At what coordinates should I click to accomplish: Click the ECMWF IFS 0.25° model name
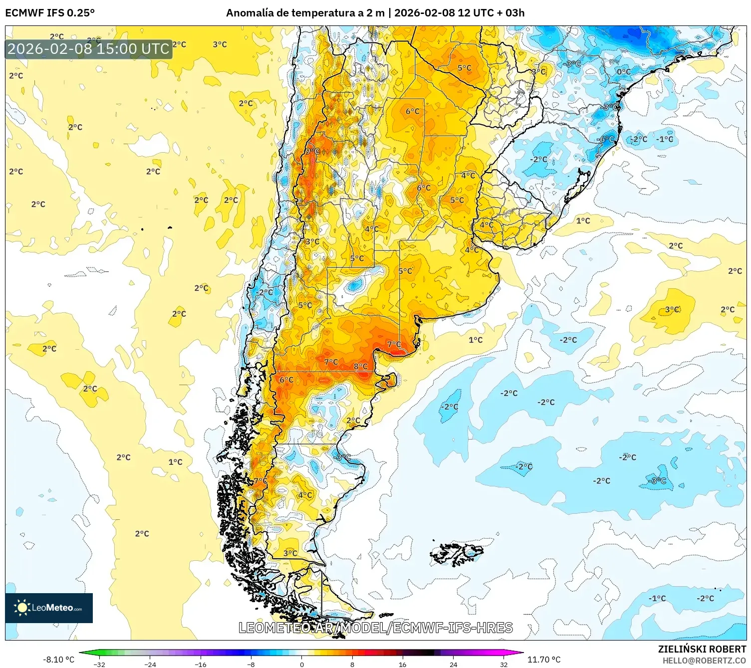click(x=50, y=13)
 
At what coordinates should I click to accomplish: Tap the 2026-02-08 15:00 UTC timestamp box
click(x=88, y=49)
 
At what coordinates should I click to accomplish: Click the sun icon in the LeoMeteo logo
click(x=22, y=608)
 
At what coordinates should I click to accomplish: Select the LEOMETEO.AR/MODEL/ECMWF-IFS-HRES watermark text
click(x=375, y=628)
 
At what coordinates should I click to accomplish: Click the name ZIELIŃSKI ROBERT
click(x=702, y=649)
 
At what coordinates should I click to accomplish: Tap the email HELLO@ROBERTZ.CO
click(x=704, y=661)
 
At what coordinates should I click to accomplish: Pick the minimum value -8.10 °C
click(x=58, y=660)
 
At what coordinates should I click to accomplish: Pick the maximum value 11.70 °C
click(x=544, y=660)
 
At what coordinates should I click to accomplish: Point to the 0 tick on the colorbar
click(x=301, y=664)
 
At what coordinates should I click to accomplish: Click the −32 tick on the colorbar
click(x=99, y=664)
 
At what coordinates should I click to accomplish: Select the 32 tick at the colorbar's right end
click(x=503, y=664)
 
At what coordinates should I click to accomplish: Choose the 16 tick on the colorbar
click(x=402, y=664)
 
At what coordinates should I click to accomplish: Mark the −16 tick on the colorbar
click(x=201, y=664)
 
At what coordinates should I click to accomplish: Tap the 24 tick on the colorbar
click(x=453, y=664)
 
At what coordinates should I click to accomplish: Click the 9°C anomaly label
click(x=312, y=151)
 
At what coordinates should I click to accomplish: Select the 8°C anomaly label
click(x=360, y=366)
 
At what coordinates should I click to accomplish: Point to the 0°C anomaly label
click(x=623, y=71)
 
